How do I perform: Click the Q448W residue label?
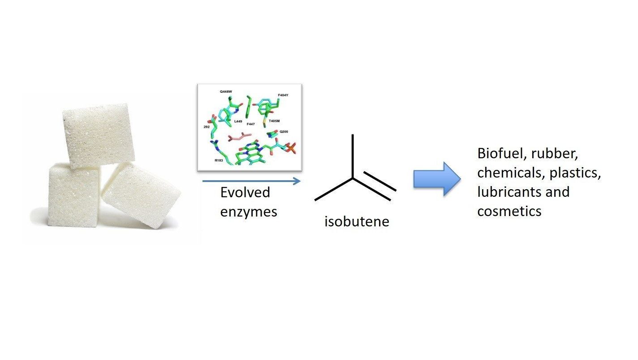pyautogui.click(x=226, y=91)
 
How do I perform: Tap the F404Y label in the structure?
pyautogui.click(x=284, y=95)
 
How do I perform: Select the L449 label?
pyautogui.click(x=238, y=121)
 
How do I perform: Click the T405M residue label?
pyautogui.click(x=274, y=121)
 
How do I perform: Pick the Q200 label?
pyautogui.click(x=284, y=132)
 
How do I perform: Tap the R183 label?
pyautogui.click(x=219, y=160)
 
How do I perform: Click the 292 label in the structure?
pyautogui.click(x=207, y=127)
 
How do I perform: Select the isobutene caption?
pyautogui.click(x=357, y=221)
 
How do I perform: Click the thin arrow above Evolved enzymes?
pyautogui.click(x=251, y=181)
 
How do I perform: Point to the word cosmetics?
pyautogui.click(x=509, y=210)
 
